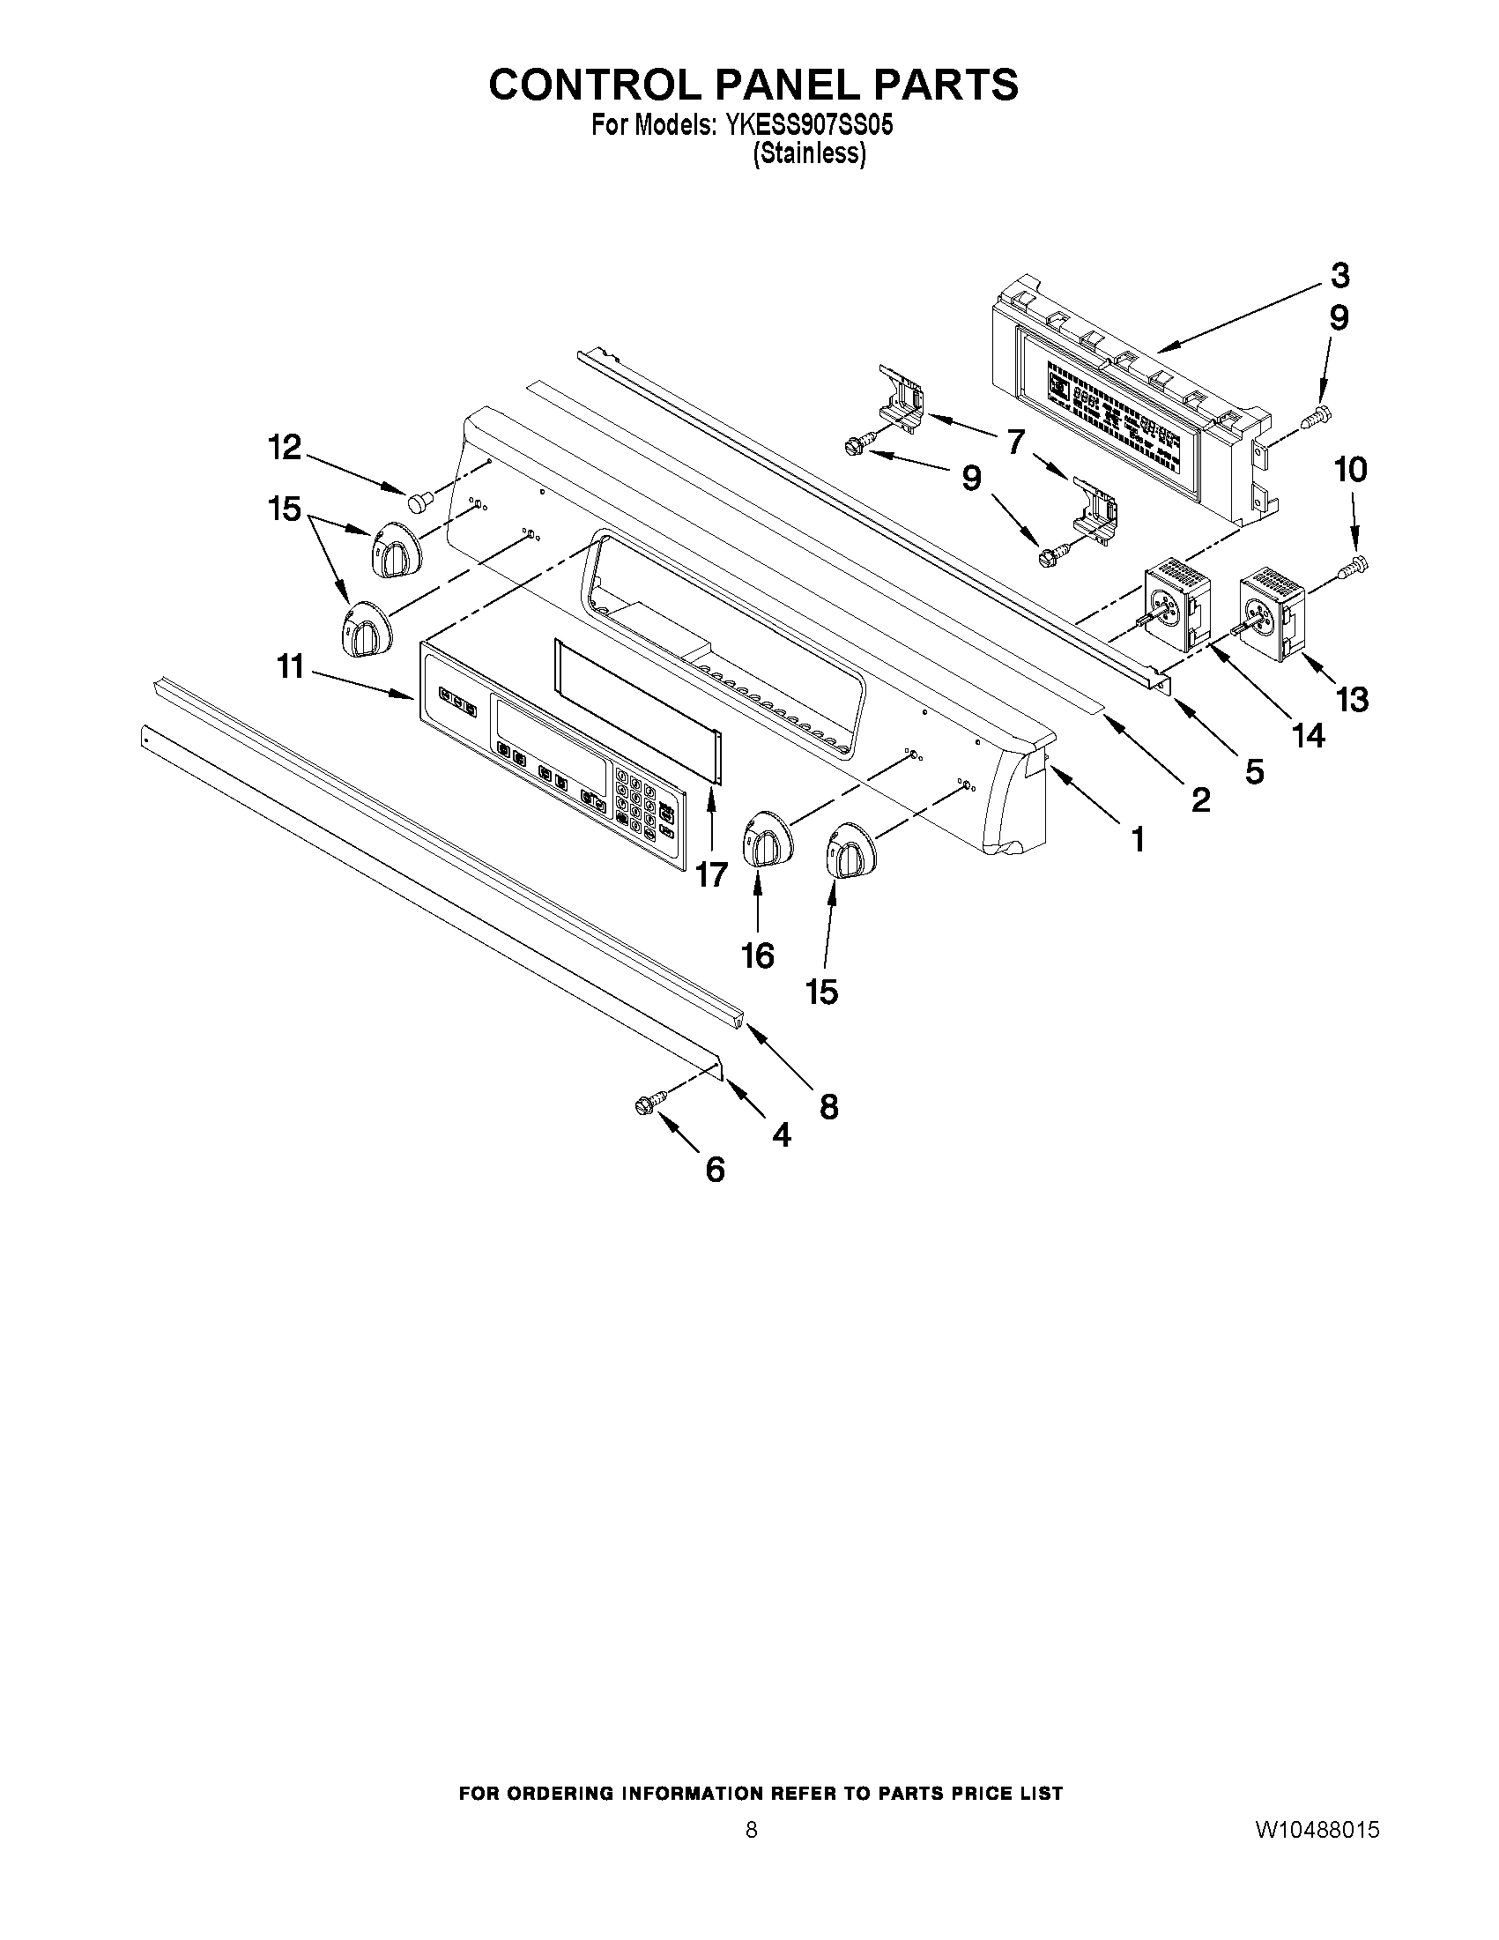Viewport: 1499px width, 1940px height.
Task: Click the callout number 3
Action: (x=1339, y=276)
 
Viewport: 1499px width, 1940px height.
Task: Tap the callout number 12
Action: (x=285, y=448)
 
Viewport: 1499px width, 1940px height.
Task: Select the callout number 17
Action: (x=711, y=875)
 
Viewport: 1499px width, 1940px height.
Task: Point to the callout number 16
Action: (x=758, y=955)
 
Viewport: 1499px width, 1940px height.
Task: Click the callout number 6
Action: (x=715, y=1170)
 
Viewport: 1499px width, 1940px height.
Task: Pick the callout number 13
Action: (x=1352, y=700)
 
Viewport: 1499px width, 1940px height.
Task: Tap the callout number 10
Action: (x=1351, y=470)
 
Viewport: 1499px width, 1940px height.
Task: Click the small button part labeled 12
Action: (x=419, y=502)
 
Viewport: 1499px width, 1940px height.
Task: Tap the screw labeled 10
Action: (x=1356, y=561)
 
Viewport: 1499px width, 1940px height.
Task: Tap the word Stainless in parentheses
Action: (x=808, y=153)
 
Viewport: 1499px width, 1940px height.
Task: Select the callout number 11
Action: (x=291, y=666)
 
